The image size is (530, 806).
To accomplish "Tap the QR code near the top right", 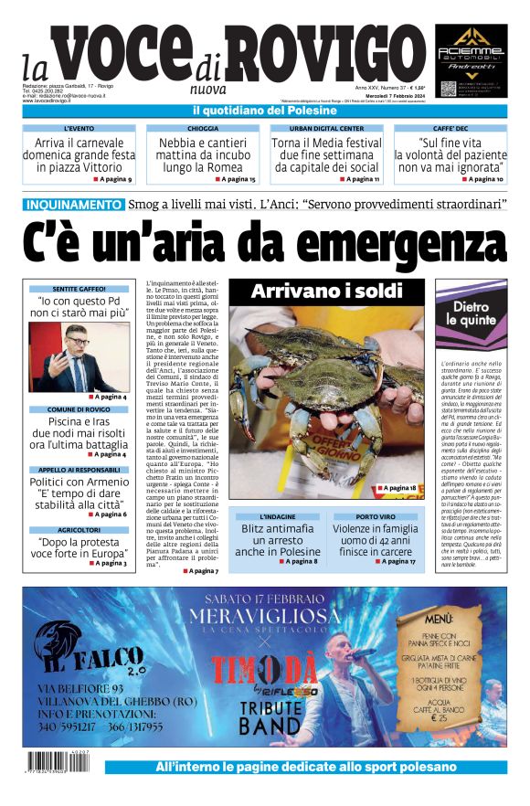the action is [448, 89].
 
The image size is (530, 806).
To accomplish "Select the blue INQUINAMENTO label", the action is [74, 205].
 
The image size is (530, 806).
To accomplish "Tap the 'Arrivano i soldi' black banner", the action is [326, 291].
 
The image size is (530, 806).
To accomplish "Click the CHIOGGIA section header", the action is [202, 129].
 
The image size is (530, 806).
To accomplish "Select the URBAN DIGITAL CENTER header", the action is [326, 129].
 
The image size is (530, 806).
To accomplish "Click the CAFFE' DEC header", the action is [450, 129].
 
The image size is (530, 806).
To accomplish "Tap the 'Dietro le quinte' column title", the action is [471, 314].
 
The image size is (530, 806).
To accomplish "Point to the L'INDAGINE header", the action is [277, 516].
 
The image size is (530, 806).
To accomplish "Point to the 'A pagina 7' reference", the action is [200, 570].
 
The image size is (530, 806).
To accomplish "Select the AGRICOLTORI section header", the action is [78, 529].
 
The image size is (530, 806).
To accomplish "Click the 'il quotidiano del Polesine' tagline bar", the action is [265, 111].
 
